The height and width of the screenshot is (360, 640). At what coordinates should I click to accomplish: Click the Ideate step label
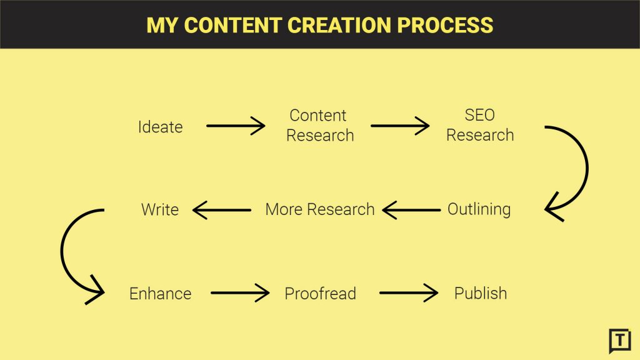point(160,127)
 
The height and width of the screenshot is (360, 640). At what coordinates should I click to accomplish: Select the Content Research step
point(319,126)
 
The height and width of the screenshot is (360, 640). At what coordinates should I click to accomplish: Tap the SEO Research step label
point(479,126)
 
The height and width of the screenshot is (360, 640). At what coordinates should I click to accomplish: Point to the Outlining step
point(479,209)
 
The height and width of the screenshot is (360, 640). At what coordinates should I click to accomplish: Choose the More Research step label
point(319,209)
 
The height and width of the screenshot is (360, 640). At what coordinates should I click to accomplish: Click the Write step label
point(160,209)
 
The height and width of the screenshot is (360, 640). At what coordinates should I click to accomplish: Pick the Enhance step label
point(160,293)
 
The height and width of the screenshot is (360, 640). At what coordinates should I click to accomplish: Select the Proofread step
point(320,293)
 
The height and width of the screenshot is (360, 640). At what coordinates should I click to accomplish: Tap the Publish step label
point(480,293)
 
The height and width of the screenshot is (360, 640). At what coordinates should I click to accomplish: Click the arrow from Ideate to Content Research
point(236,126)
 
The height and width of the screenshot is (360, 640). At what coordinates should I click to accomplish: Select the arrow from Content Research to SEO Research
point(400,126)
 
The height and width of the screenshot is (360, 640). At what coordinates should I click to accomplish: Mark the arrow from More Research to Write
point(222,210)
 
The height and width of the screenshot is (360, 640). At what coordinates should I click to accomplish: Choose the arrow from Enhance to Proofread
point(240,292)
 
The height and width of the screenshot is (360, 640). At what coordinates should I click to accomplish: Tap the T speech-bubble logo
point(619,340)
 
